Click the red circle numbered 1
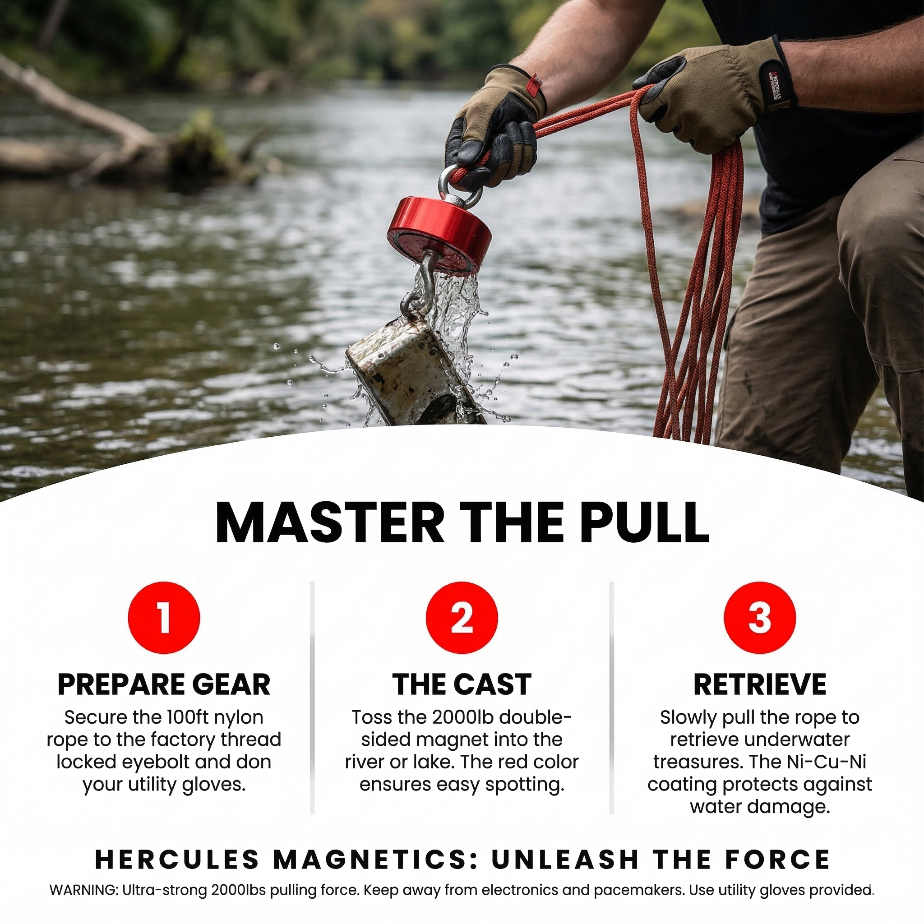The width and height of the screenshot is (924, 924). (x=164, y=618)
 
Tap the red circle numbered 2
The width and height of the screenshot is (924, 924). (x=462, y=618)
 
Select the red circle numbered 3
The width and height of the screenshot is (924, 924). (x=759, y=618)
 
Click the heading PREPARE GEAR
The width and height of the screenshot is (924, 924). (x=164, y=684)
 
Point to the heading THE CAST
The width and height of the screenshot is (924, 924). (x=462, y=684)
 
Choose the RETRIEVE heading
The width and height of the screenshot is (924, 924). (x=759, y=684)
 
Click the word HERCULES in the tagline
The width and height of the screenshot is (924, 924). (x=177, y=859)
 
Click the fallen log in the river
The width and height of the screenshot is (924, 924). (x=96, y=129)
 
